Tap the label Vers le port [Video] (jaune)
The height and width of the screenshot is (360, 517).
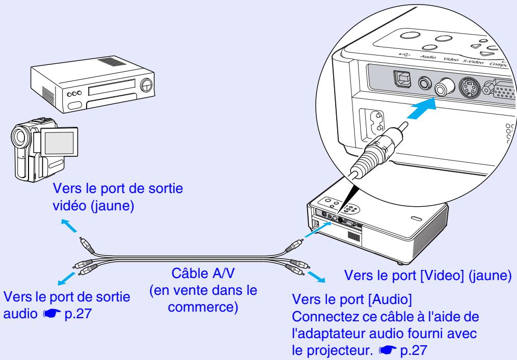pos(428,275)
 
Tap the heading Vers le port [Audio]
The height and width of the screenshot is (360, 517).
pos(343,297)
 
